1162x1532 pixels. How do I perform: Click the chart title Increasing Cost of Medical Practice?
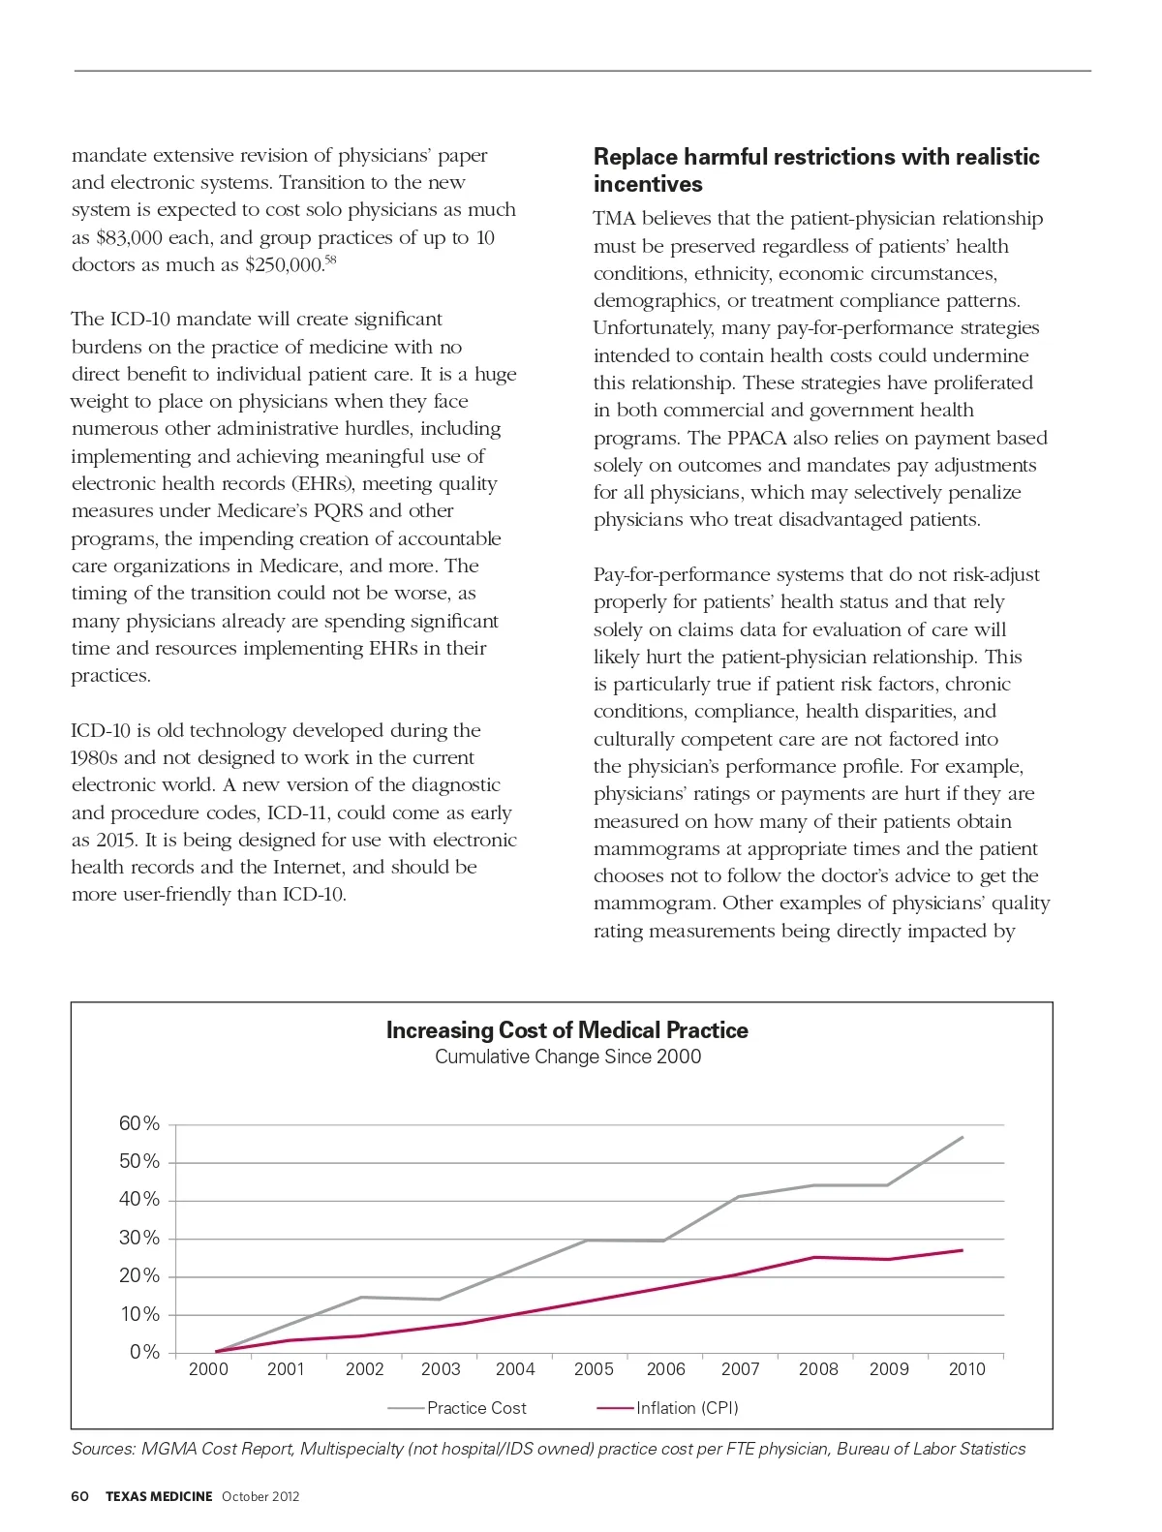coord(566,1030)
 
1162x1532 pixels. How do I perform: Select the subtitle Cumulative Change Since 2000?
coord(567,1057)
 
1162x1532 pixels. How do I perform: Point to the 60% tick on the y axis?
coord(138,1123)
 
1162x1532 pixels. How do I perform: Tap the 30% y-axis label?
coord(138,1238)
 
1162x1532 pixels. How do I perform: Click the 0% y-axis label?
coord(144,1352)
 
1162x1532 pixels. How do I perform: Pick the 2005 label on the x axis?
coord(594,1369)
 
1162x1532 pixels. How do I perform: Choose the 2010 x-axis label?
coord(966,1369)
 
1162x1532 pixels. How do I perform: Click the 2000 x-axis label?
coord(208,1369)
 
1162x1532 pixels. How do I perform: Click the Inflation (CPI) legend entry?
coord(687,1408)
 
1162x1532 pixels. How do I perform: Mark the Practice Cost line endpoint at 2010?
coord(963,1137)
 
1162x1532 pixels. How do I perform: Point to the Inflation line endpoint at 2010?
coord(963,1250)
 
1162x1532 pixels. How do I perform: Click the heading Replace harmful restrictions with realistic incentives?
coord(816,170)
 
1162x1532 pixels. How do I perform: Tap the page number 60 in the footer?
coord(79,1496)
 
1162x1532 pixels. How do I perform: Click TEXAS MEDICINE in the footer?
coord(159,1496)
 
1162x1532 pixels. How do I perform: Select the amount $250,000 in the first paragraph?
coord(284,265)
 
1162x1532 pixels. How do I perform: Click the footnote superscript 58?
coord(329,260)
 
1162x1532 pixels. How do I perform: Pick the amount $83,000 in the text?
coord(129,238)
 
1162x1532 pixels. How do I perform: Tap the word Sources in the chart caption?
coord(103,1449)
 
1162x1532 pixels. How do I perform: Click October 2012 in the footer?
coord(260,1496)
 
